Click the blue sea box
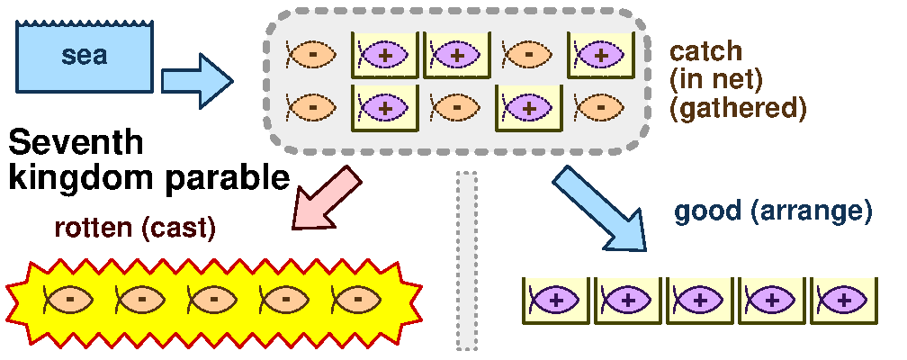[x=85, y=55]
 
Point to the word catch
[x=705, y=51]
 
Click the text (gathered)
[x=738, y=108]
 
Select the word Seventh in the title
[x=76, y=144]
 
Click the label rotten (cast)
[x=135, y=229]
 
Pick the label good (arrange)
[x=773, y=212]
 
